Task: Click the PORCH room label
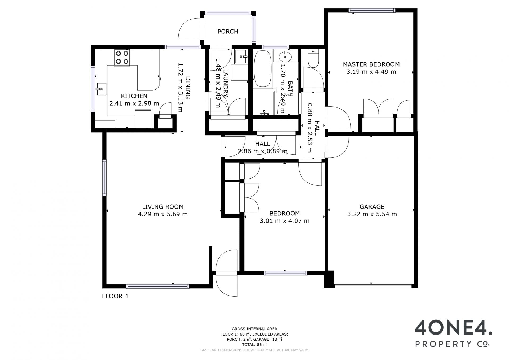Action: click(228, 32)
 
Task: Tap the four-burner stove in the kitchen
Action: click(122, 58)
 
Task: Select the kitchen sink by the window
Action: click(101, 89)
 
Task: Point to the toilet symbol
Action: click(313, 59)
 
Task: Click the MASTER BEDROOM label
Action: click(371, 64)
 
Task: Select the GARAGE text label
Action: click(372, 207)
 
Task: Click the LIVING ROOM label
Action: click(163, 207)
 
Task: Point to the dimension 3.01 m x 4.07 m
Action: click(284, 221)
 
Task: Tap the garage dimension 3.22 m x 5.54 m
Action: click(372, 214)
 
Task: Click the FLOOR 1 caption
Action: click(115, 296)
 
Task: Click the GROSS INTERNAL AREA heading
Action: click(254, 329)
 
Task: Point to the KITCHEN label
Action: click(134, 96)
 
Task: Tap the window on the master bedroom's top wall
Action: click(372, 11)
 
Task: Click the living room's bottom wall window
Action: click(158, 286)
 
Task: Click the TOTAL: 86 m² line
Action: click(254, 345)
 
